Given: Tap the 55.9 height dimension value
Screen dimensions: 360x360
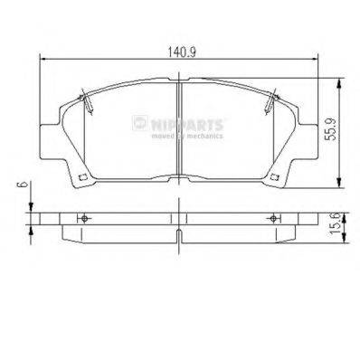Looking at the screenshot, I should pos(331,132).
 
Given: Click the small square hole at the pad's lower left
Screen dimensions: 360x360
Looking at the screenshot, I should pos(81,175).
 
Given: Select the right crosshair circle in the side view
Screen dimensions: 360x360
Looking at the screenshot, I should pos(272,220).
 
